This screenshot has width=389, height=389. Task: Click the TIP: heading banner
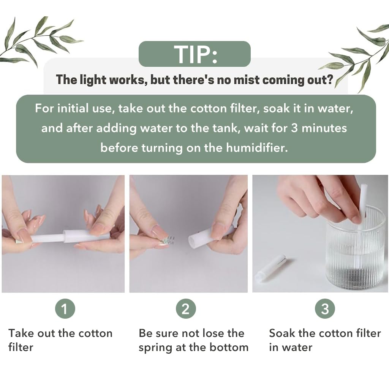[194, 54]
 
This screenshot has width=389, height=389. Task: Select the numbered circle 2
[185, 309]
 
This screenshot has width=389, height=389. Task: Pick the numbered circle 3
[325, 309]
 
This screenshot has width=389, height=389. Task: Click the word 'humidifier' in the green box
[257, 147]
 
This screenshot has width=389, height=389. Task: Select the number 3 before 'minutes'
[295, 128]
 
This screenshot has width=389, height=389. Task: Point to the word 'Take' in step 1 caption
[21, 333]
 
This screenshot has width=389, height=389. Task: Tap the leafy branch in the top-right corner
[357, 53]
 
